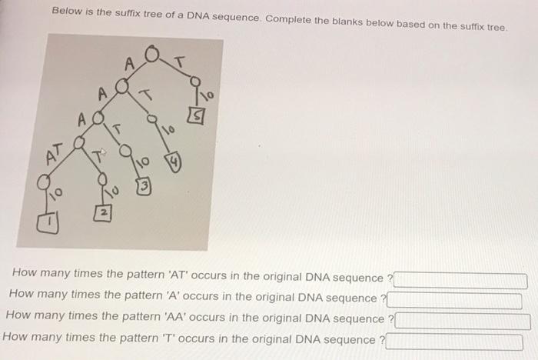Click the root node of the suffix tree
tap(152, 55)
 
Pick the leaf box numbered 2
tap(98, 210)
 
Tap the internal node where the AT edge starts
tap(77, 142)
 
